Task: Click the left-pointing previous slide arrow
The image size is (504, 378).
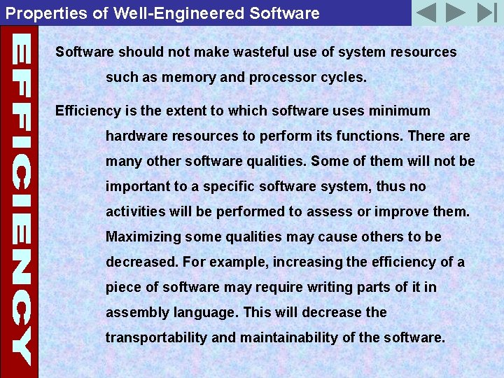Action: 426,13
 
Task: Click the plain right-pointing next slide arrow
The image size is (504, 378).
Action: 456,13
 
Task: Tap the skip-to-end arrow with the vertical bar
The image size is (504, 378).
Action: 486,13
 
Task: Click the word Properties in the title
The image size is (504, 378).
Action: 37,13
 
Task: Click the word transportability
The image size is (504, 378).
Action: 156,337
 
